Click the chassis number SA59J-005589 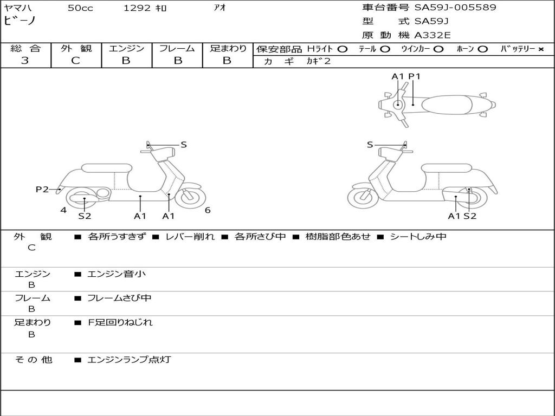(x=455, y=8)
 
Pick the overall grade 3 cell (x=25, y=61)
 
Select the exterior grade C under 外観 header (x=76, y=61)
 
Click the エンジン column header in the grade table (x=126, y=49)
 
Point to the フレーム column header (x=177, y=49)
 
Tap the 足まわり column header (x=228, y=49)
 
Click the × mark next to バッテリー (x=540, y=49)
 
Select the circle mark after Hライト (x=342, y=49)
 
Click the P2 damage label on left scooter (x=42, y=189)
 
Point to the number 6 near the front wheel (x=208, y=210)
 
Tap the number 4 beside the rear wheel (x=63, y=210)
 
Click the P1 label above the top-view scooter (x=414, y=76)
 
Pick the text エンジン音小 (x=117, y=274)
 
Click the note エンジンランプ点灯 (x=129, y=360)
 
